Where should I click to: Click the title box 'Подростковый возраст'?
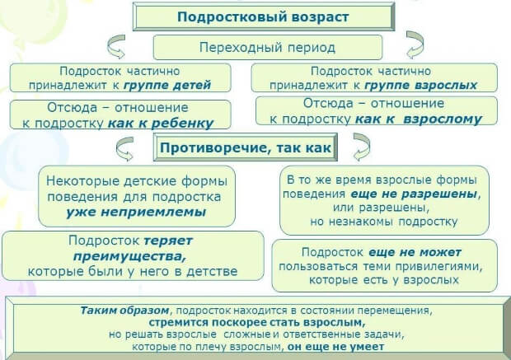pos(257,16)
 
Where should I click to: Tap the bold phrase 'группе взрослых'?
pos(422,84)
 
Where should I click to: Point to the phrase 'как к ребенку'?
pos(161,123)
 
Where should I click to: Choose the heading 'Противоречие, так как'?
pos(245,149)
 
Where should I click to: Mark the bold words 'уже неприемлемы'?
pos(136,213)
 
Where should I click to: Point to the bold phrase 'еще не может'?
pos(426,252)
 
